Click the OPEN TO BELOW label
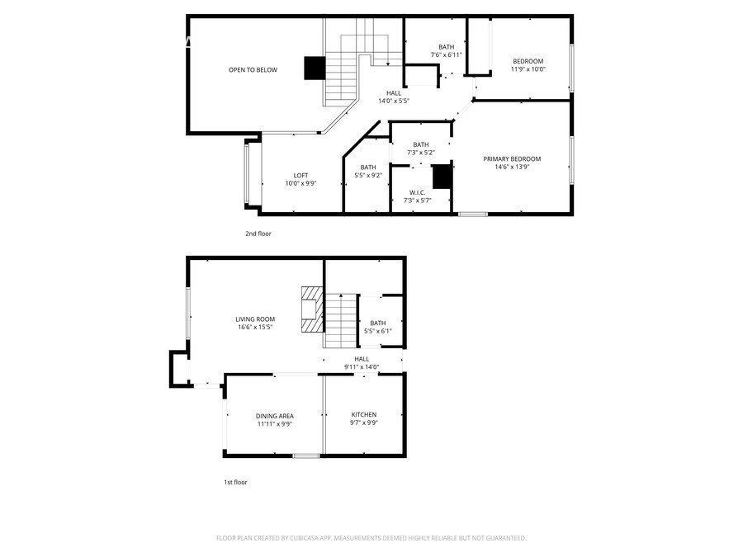pyautogui.click(x=253, y=70)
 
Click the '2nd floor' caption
pyautogui.click(x=258, y=234)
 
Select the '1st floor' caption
pyautogui.click(x=235, y=482)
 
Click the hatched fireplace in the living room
pyautogui.click(x=310, y=309)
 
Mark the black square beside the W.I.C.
pyautogui.click(x=442, y=177)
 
